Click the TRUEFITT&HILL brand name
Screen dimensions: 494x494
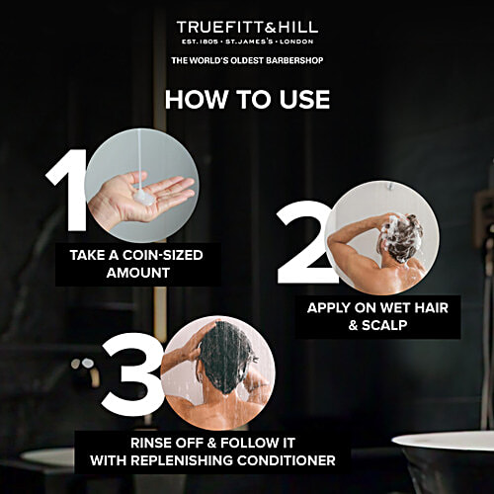pos(247,27)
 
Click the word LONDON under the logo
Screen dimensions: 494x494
pos(298,43)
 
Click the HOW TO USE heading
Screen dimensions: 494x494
pos(247,100)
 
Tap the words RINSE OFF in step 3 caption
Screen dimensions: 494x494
pos(160,443)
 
